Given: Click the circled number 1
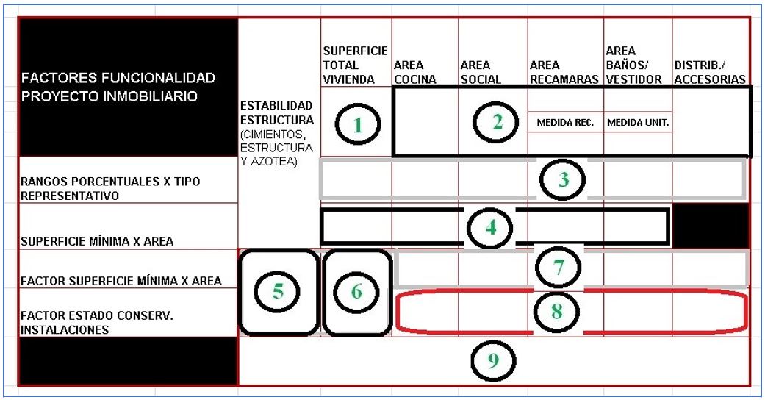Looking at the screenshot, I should (x=357, y=125).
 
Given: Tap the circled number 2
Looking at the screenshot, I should (x=496, y=123).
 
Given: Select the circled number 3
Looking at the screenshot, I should (x=562, y=179).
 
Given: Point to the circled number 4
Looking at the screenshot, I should (x=490, y=227).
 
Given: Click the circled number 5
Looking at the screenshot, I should (x=278, y=292).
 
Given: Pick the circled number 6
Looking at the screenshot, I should (x=356, y=292).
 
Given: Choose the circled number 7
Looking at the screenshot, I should (x=558, y=268).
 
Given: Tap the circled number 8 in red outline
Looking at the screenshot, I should (x=556, y=312).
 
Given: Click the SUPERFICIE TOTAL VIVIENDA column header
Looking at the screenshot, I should (x=355, y=65).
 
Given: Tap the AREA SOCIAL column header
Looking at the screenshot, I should (x=481, y=72).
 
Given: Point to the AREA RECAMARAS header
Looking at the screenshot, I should (x=564, y=72).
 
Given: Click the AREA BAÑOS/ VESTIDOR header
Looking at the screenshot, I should (x=633, y=65).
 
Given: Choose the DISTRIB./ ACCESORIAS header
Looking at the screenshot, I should (x=710, y=72).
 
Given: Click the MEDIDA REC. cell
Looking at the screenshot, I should (x=565, y=123).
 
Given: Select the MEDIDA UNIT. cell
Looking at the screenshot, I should (x=637, y=123).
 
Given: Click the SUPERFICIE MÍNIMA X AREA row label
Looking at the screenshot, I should (x=98, y=241).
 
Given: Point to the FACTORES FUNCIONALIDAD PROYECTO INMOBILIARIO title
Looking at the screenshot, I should (x=118, y=87).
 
